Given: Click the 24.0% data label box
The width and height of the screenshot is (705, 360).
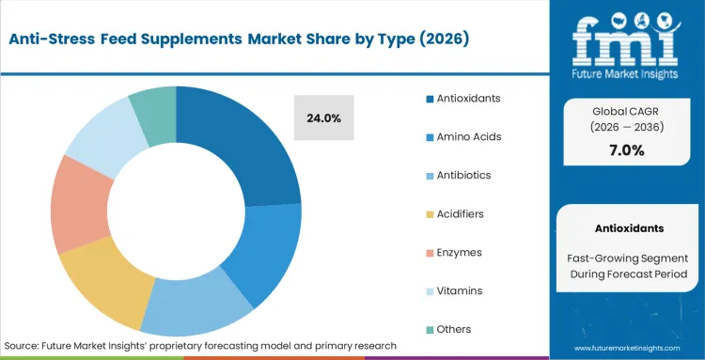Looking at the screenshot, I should pos(323,118).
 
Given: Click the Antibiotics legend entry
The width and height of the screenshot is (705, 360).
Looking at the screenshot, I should pos(463,175).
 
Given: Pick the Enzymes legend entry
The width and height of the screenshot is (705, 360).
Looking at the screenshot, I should pos(459,252).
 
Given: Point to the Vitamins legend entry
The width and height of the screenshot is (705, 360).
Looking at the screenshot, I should pos(459,290).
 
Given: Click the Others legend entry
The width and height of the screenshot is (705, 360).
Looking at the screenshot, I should pos(454,329).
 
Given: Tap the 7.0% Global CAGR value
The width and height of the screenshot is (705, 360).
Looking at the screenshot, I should pos(625,150).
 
